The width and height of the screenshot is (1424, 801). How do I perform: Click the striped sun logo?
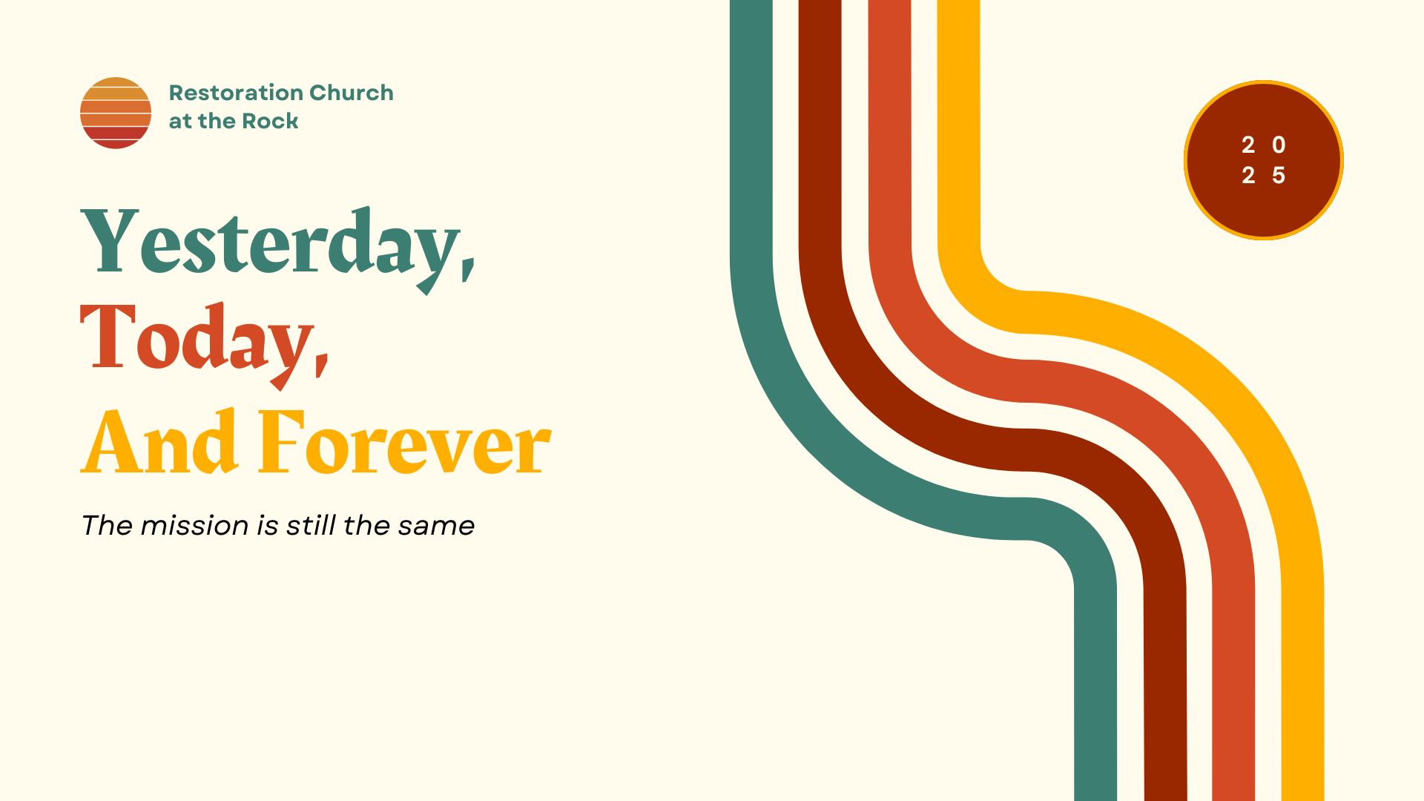pos(116,113)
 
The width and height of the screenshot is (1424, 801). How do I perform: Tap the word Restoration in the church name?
pos(236,93)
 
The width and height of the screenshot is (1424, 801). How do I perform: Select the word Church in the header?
pos(352,93)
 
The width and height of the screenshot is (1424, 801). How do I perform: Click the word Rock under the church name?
pos(270,121)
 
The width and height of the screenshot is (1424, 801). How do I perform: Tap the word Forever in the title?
pos(404,443)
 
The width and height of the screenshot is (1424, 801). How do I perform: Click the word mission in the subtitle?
pos(194,525)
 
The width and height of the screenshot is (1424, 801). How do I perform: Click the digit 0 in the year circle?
pos(1279,145)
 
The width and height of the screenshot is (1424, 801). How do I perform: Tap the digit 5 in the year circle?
pos(1279,176)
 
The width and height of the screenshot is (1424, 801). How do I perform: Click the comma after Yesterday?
pos(468,264)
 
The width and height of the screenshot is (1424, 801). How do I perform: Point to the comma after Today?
pos(321,361)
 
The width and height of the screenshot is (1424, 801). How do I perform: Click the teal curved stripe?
pos(853,445)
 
